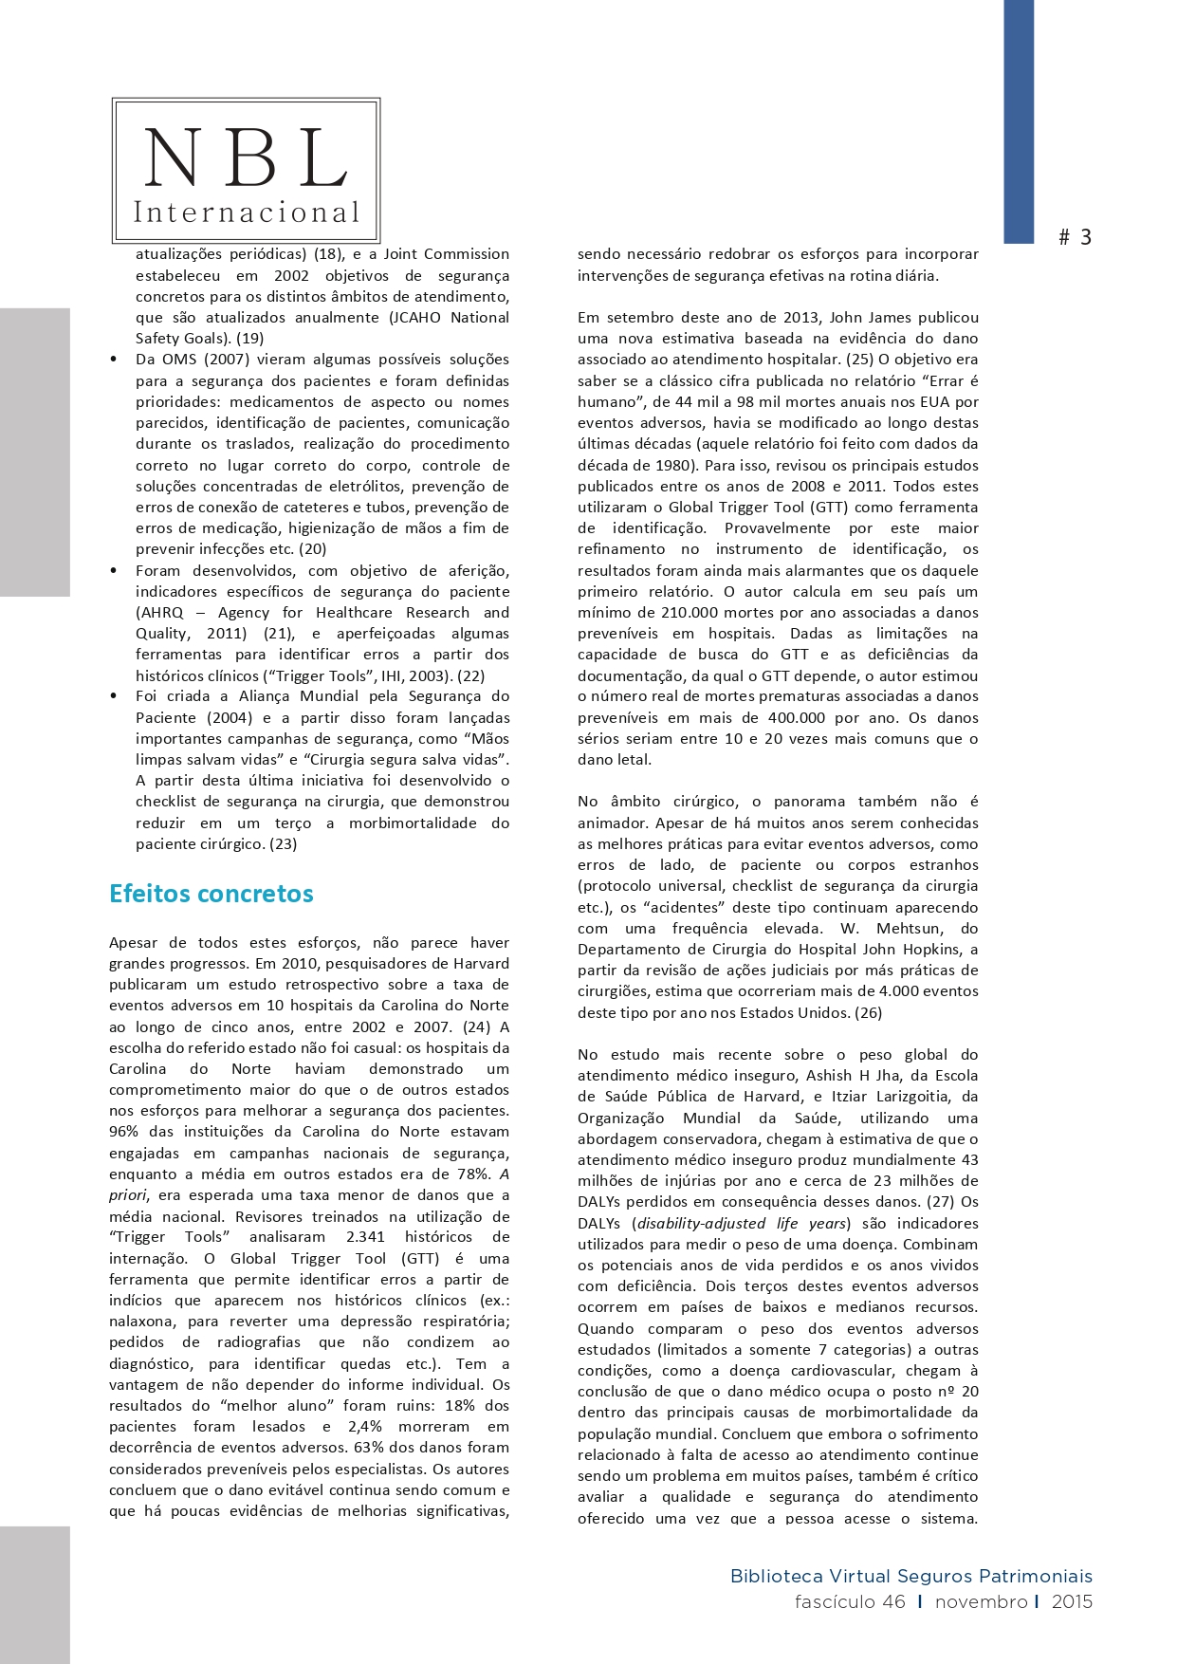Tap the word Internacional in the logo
tap(247, 212)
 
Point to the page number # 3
tap(1075, 237)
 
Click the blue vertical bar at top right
tap(1019, 121)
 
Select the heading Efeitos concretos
tap(211, 894)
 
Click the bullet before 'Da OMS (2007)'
tap(114, 360)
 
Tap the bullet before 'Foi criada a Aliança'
tap(114, 696)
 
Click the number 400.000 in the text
tap(769, 718)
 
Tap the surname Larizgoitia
tap(906, 1097)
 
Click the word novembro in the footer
tap(981, 1602)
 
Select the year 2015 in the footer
tap(1072, 1602)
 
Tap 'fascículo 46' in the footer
tap(850, 1602)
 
